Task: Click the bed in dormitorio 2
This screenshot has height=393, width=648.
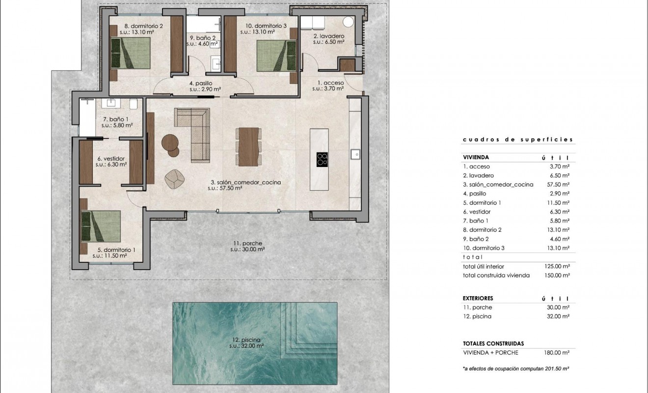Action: [131, 53]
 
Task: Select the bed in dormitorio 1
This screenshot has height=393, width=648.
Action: [101, 225]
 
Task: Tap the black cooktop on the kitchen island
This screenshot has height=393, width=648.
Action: [323, 160]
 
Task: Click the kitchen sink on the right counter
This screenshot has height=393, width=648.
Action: [355, 154]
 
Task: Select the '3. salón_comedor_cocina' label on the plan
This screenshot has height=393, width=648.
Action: [244, 182]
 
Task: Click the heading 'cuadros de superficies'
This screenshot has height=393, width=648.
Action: [517, 140]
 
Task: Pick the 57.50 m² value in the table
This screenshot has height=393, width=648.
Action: [559, 185]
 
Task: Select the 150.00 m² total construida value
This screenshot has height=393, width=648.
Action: [558, 276]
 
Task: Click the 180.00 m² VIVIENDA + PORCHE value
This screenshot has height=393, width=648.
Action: [558, 353]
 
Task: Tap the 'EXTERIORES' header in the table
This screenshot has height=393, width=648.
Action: [478, 298]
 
